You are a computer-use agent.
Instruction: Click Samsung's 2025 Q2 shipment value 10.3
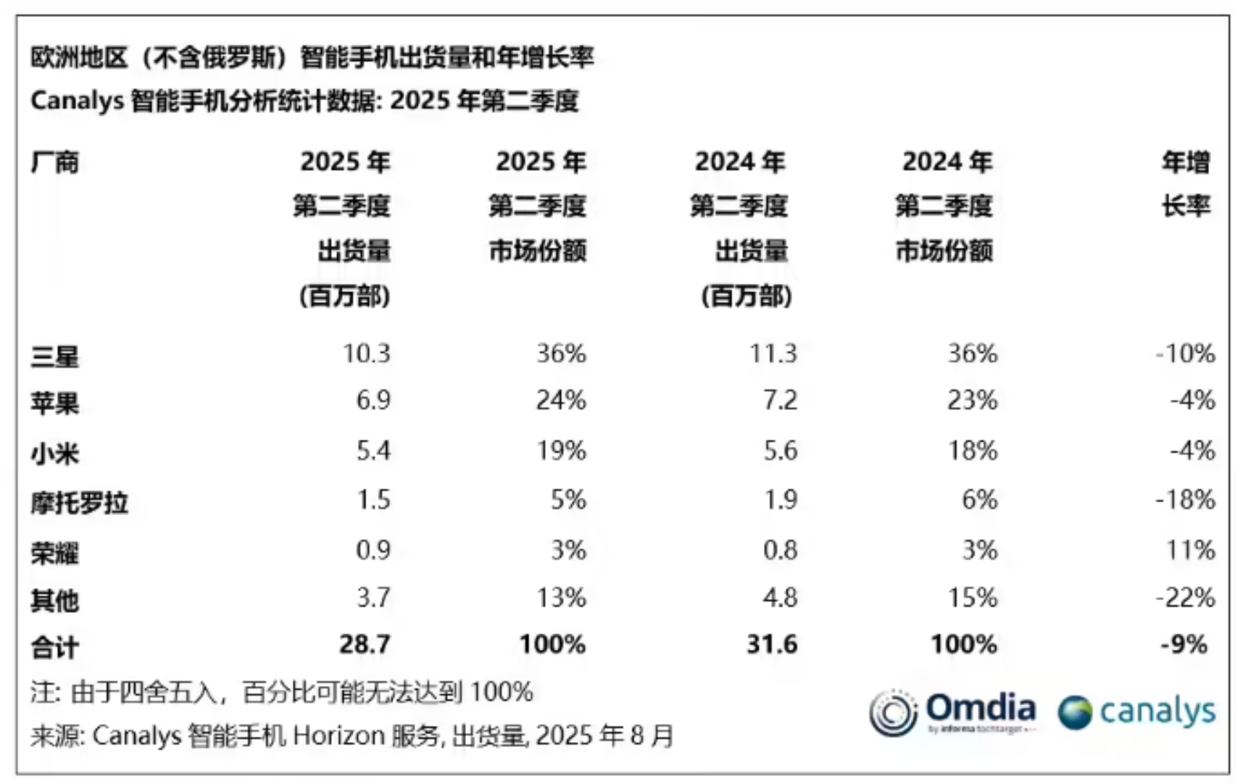pos(366,354)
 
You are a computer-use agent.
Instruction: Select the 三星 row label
pos(54,356)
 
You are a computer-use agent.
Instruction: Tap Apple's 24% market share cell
pos(560,400)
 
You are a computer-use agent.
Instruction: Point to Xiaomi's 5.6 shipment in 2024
pos(780,451)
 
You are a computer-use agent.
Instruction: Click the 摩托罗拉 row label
pos(79,502)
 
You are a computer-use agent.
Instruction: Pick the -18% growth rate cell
pos(1185,499)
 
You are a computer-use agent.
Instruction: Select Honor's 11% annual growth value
pos(1190,550)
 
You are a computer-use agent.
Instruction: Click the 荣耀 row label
pos(54,553)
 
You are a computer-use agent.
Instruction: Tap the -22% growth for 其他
pos(1185,598)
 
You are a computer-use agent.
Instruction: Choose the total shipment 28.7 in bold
pos(365,644)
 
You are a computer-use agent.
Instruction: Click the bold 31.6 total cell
pos(772,644)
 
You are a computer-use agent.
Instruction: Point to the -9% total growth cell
pos(1184,644)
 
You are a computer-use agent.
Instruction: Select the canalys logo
pos(1136,712)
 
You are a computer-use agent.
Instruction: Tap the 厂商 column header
pos(54,162)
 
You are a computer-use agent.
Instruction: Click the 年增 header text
pos(1186,162)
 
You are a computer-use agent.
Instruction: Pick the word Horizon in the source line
pos(338,736)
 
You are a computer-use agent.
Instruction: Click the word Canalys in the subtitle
pos(77,101)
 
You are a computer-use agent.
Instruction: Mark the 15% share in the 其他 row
pos(972,598)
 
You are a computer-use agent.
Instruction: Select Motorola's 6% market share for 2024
pos(979,499)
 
